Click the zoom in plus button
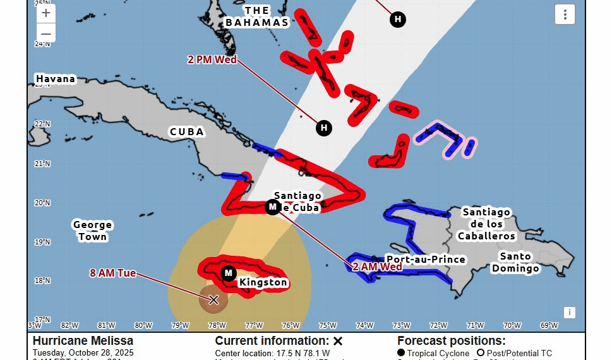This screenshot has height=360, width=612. (46, 13)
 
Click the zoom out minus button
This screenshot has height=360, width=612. (46, 33)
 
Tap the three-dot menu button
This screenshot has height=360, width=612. (565, 14)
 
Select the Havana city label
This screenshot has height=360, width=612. (56, 79)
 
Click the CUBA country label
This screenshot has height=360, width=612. (187, 132)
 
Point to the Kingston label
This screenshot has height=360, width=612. (263, 282)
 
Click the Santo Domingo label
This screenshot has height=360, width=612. (516, 262)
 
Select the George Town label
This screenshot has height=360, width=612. (92, 231)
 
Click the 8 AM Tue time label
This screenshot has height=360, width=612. (113, 273)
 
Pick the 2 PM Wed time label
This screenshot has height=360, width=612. (212, 60)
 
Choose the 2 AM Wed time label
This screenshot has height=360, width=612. (378, 267)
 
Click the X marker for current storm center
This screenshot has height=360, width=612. (213, 299)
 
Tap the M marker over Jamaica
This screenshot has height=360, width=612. (229, 273)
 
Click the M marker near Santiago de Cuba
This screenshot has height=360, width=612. (272, 207)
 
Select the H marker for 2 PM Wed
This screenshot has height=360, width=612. (324, 128)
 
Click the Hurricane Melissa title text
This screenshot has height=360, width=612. (83, 341)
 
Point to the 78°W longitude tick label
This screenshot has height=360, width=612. (217, 325)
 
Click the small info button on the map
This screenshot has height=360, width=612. (569, 312)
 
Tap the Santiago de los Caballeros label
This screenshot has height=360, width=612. (486, 224)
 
